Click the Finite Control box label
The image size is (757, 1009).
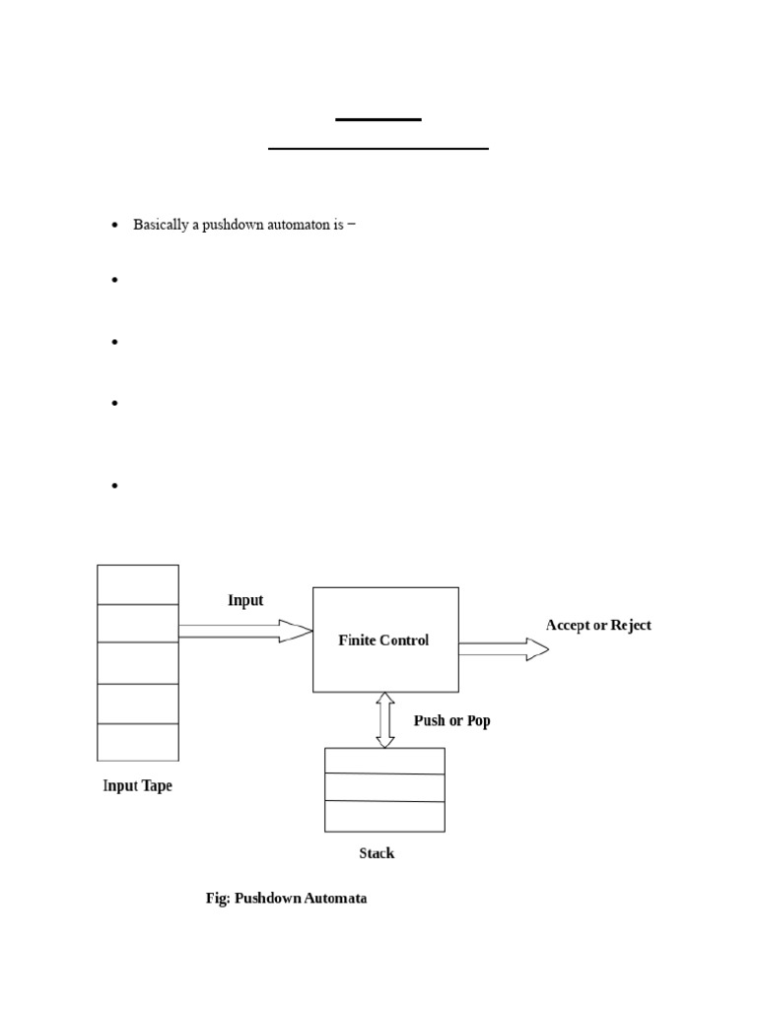pyautogui.click(x=383, y=640)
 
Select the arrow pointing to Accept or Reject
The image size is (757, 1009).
pyautogui.click(x=504, y=648)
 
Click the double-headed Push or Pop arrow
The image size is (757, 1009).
pyautogui.click(x=385, y=719)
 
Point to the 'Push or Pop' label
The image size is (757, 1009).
pyautogui.click(x=451, y=721)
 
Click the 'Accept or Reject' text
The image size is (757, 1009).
pyautogui.click(x=598, y=626)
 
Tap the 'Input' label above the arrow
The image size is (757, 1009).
pyautogui.click(x=245, y=600)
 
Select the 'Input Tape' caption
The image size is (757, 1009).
pyautogui.click(x=137, y=786)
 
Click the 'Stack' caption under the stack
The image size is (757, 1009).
pyautogui.click(x=377, y=853)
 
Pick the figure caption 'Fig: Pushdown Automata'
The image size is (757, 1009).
pyautogui.click(x=286, y=899)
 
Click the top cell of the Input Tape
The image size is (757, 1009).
pyautogui.click(x=138, y=584)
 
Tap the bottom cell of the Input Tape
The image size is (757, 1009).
pyautogui.click(x=138, y=742)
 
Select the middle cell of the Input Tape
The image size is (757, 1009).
pyautogui.click(x=138, y=662)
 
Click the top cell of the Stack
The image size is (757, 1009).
pyautogui.click(x=384, y=761)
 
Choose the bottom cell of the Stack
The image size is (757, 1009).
pyautogui.click(x=384, y=817)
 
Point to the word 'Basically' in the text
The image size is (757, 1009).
pyautogui.click(x=160, y=225)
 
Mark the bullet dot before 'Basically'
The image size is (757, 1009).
pyautogui.click(x=114, y=226)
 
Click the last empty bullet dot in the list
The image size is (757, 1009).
pyautogui.click(x=114, y=485)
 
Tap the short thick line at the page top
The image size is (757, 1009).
pyautogui.click(x=378, y=119)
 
